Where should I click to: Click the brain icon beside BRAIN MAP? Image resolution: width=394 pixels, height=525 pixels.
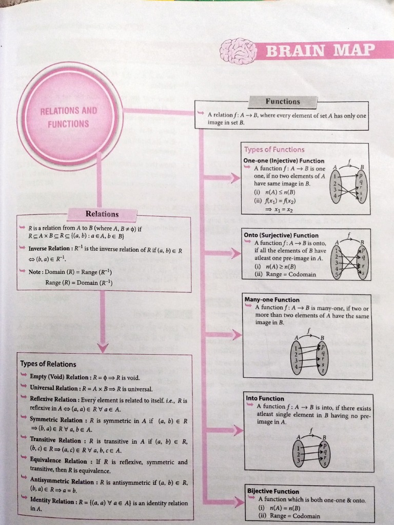tap(238, 50)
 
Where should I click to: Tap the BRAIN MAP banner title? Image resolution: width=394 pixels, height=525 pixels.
tap(319, 51)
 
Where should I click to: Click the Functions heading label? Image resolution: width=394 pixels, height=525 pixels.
tap(283, 102)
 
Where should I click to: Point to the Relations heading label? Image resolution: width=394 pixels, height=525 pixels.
tap(102, 214)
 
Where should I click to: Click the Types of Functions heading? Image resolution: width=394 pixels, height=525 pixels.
tap(274, 150)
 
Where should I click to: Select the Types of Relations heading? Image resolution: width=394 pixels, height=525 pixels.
tap(48, 364)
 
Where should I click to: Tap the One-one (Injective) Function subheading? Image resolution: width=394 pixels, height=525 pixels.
tap(284, 160)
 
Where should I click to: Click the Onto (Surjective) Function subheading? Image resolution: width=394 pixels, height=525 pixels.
tap(281, 235)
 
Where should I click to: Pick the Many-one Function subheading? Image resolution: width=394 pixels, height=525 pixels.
tap(272, 300)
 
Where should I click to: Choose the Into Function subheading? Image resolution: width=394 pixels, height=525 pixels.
tap(265, 398)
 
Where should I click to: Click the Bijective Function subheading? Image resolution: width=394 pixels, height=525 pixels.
tap(273, 491)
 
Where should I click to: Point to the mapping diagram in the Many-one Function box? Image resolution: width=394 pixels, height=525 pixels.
tap(308, 353)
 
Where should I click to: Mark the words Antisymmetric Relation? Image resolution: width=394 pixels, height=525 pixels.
tap(62, 482)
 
